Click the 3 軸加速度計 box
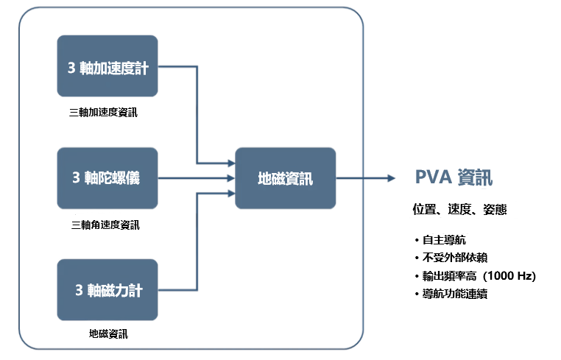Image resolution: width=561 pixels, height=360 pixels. [107, 66]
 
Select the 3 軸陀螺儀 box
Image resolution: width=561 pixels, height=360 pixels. [107, 177]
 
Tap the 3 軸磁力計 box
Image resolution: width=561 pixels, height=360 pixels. [107, 289]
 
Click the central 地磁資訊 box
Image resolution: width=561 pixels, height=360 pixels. [285, 177]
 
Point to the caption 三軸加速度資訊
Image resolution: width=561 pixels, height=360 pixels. [103, 113]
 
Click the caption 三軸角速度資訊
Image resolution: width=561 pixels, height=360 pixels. [105, 225]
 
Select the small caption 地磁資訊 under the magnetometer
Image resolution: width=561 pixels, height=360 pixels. [107, 333]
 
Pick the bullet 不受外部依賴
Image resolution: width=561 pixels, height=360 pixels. [454, 258]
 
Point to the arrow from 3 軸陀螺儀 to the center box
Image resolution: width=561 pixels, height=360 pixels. [196, 177]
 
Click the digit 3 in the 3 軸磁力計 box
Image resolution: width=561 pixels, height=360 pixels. [78, 289]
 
